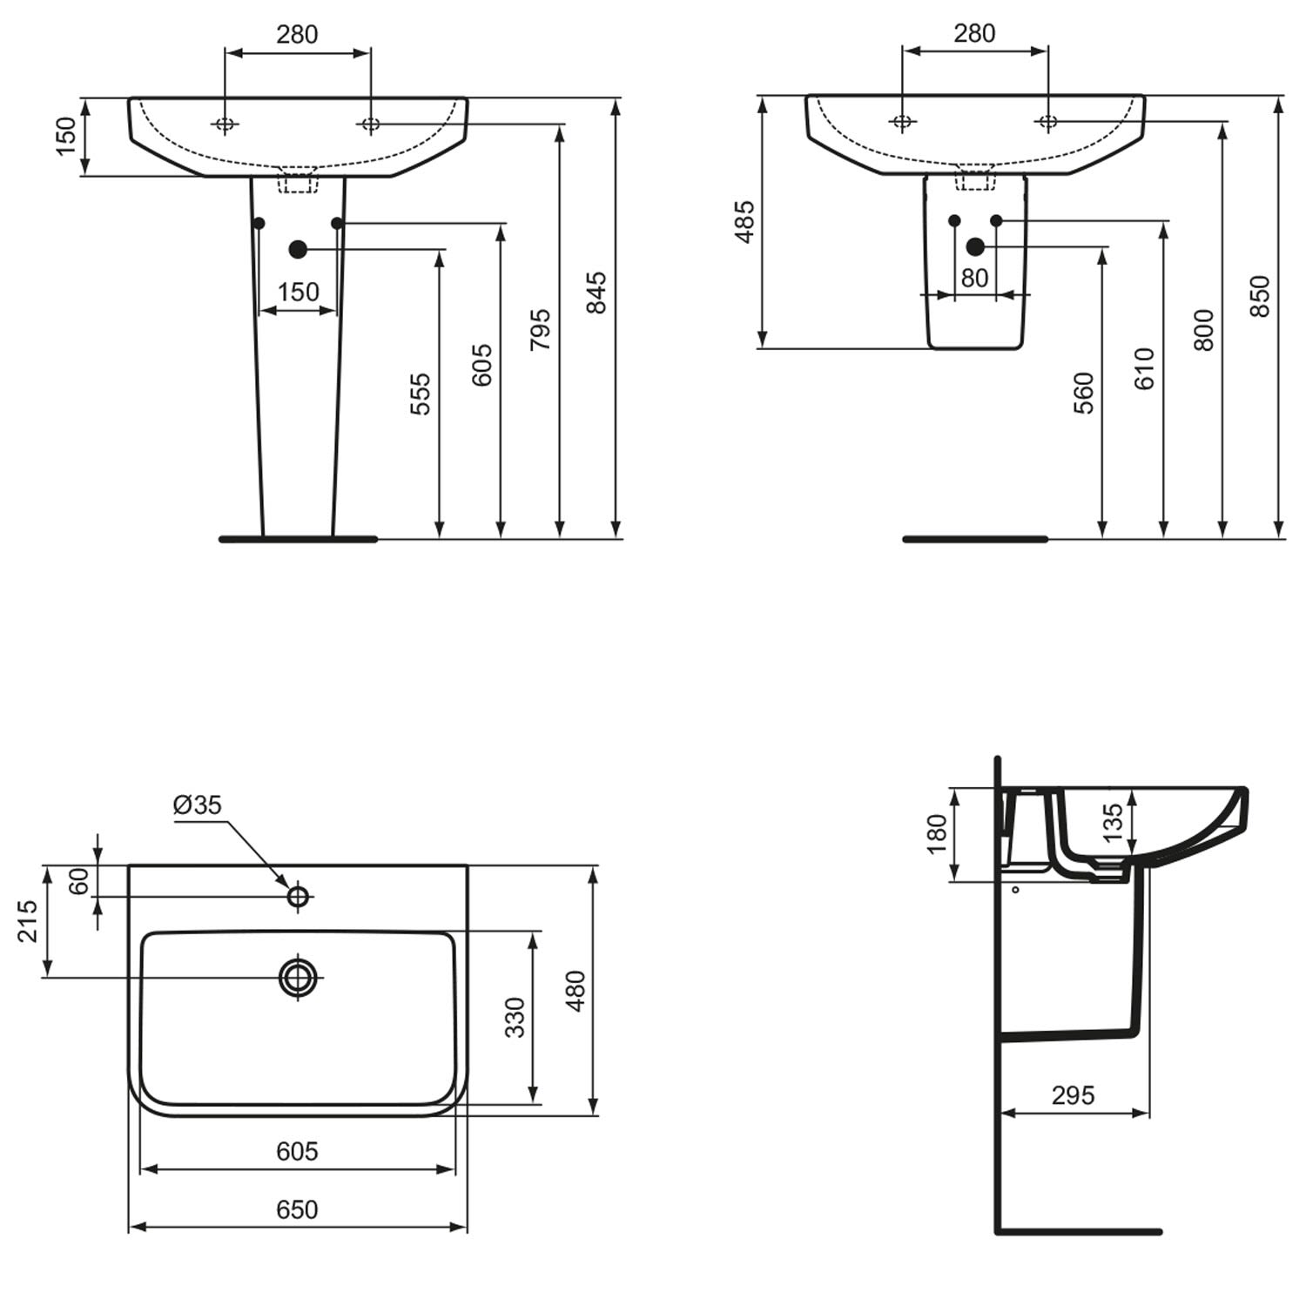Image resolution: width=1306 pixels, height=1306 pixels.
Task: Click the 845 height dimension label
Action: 596,293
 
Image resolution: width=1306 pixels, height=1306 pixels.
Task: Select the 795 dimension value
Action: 540,329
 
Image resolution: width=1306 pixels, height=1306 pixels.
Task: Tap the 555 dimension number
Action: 420,394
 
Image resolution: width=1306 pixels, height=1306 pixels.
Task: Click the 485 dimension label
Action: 745,222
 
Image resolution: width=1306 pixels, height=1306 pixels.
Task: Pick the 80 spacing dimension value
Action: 974,278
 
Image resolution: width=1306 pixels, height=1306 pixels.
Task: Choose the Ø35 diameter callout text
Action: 198,805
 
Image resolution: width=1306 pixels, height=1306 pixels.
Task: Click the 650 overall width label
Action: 297,1209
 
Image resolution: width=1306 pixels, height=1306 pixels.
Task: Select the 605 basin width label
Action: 297,1151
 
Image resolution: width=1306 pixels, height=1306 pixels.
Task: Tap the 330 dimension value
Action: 515,1017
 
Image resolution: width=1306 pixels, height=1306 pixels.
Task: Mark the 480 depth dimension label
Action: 576,991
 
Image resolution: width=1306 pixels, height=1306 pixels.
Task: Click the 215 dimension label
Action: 27,921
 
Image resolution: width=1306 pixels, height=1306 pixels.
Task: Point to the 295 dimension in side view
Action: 1073,1095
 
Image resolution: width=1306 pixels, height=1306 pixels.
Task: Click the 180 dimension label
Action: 937,834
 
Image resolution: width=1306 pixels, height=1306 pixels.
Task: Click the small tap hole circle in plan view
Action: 298,895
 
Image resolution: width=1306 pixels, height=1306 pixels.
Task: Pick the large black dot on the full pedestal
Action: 298,250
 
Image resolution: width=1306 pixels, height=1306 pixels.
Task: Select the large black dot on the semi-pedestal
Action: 975,247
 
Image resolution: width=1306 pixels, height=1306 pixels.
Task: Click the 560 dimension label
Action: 1084,393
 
